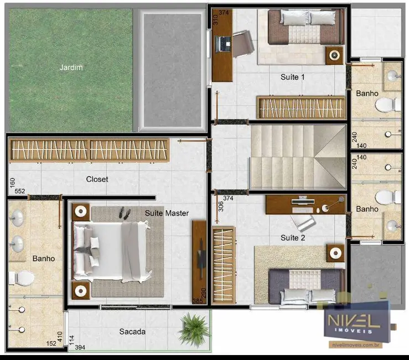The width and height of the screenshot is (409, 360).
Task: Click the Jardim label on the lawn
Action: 71,68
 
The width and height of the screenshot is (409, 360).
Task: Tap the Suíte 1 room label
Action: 293,78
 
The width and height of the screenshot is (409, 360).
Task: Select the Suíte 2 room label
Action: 293,237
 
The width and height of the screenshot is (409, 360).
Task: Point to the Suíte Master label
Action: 167,213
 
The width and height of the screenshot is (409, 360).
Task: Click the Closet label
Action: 97,179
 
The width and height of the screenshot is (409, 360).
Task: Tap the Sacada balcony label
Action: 132,331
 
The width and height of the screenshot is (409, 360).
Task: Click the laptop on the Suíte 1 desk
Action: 225,42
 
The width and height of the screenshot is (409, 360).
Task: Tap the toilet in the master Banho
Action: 23,277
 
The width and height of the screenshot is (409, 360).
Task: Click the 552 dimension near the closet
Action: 20,191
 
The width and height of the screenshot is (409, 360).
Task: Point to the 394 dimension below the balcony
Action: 80,347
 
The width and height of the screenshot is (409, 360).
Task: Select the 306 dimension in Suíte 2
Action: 220,205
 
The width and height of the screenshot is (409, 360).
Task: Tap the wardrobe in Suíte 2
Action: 224,264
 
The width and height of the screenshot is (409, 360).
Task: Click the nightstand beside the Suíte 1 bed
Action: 335,54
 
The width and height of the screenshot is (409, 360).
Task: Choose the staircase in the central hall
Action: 288,156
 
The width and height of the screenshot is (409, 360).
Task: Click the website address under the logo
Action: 356,344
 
